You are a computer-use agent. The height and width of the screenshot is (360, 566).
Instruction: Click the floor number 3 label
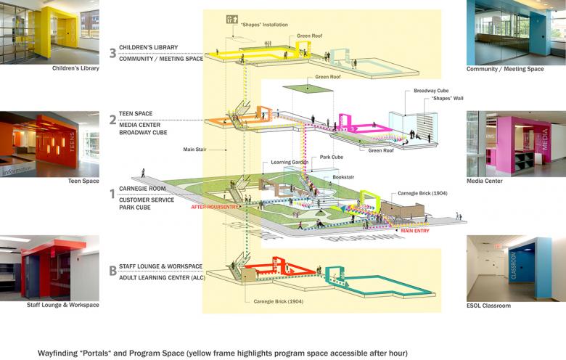click(x=112, y=52)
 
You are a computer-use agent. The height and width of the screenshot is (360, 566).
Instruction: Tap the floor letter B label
click(x=112, y=271)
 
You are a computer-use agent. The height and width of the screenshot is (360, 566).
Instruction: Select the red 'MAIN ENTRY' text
click(x=415, y=231)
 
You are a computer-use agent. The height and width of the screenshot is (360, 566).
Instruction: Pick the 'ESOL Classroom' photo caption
click(x=489, y=306)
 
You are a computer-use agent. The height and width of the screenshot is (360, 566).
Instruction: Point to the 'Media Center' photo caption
click(x=486, y=181)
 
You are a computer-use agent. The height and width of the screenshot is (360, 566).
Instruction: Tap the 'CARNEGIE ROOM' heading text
click(x=142, y=189)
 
